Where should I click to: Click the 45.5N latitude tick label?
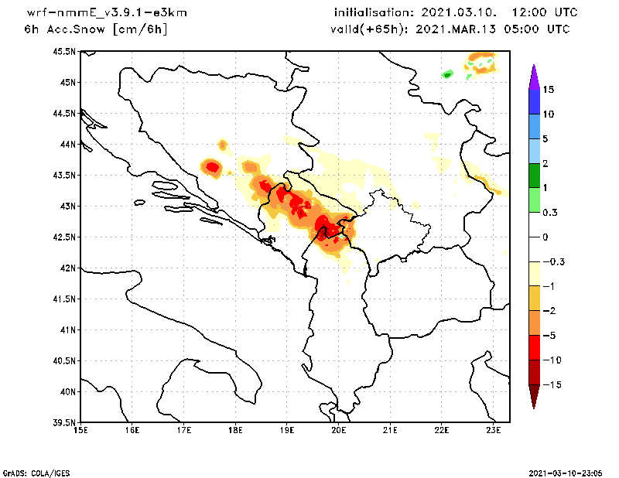[x=65, y=52]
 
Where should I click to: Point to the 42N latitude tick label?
[x=68, y=268]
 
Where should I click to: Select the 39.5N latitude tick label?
[x=65, y=423]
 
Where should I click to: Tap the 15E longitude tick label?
[x=80, y=430]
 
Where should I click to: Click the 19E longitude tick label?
[x=286, y=430]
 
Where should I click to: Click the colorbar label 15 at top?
[x=548, y=90]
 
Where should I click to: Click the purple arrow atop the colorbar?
[x=533, y=77]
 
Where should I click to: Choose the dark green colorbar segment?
[x=533, y=176]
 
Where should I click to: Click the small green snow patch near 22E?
[x=446, y=74]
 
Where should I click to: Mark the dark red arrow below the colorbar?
[x=533, y=396]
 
